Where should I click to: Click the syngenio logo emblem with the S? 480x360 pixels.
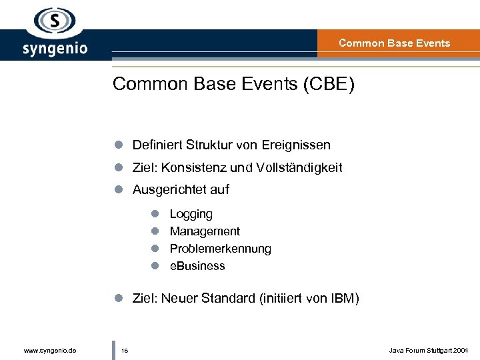(55, 21)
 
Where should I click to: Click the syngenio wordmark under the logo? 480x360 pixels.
(55, 49)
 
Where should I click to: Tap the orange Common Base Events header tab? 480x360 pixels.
(395, 43)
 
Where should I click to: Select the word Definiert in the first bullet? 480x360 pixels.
(157, 145)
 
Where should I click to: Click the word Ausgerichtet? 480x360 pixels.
(164, 190)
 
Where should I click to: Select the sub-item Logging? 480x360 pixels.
(191, 215)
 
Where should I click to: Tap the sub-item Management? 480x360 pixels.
(205, 231)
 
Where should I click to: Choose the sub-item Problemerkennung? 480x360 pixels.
(220, 249)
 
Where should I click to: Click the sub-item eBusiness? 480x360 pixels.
(197, 266)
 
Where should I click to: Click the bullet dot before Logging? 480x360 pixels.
(153, 215)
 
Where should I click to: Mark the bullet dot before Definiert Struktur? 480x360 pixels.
(117, 145)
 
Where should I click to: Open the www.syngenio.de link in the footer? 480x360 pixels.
(49, 350)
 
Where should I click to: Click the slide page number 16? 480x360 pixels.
(125, 350)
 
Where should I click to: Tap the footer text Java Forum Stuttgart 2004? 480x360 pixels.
(429, 350)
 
